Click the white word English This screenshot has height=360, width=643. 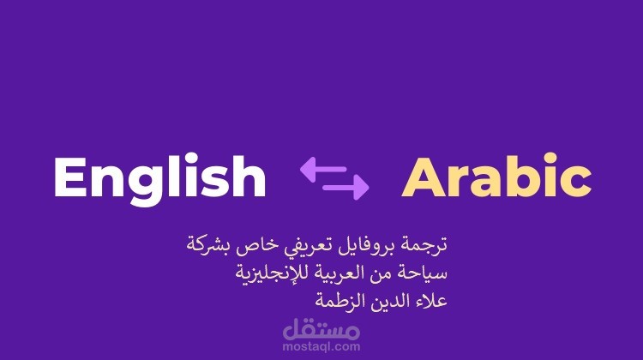(159, 178)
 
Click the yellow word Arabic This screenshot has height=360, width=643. (496, 178)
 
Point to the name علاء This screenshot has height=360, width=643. (429, 302)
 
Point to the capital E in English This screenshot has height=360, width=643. (70, 178)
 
